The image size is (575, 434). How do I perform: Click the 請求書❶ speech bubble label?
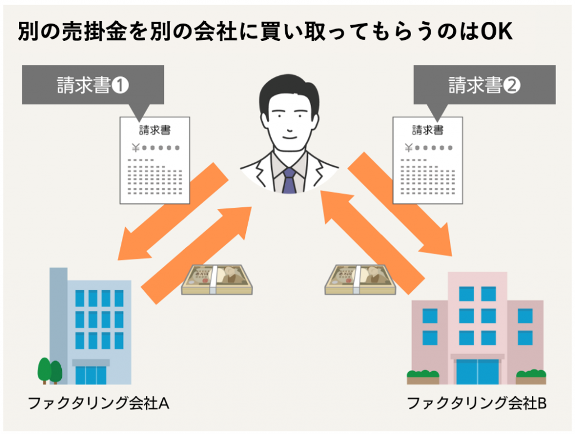pos(93,85)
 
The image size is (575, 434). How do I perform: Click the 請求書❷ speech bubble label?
pos(485,85)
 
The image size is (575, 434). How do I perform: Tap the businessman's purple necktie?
pos(289,181)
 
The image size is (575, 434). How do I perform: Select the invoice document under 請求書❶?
pos(155,161)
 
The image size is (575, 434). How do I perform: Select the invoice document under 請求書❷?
pos(427,161)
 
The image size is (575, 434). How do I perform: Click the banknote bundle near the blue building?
pos(217,280)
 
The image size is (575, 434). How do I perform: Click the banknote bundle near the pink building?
pos(360,280)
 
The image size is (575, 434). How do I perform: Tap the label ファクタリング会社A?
pos(99,403)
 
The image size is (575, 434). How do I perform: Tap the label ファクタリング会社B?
pos(477,403)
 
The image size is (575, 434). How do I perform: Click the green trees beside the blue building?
pos(50,371)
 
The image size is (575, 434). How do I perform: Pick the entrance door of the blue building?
pos(91,375)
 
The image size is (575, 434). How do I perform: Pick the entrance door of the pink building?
pos(477,372)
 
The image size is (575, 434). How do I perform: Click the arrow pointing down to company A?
pos(173,212)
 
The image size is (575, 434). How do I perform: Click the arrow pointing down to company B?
pos(400,204)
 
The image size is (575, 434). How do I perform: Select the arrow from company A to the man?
pos(197,255)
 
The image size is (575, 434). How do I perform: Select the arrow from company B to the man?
pos(373,243)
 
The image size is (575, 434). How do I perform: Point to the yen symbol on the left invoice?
pos(136,148)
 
